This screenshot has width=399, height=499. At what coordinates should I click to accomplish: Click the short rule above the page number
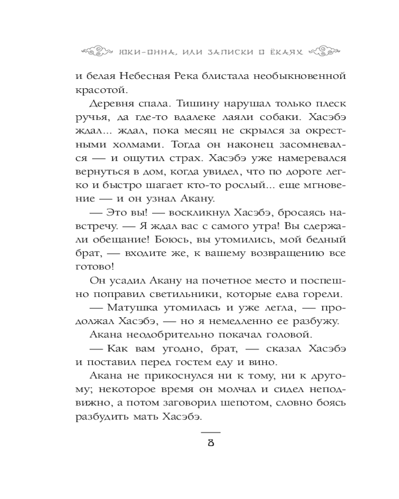[210, 432]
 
